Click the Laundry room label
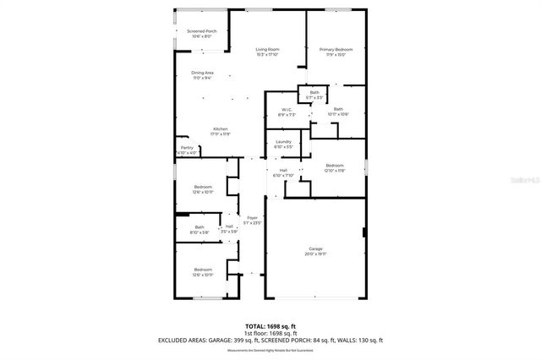[283, 144]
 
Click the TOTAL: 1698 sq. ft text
[270, 325]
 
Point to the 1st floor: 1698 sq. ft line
[270, 333]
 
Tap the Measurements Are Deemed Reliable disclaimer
[270, 349]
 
